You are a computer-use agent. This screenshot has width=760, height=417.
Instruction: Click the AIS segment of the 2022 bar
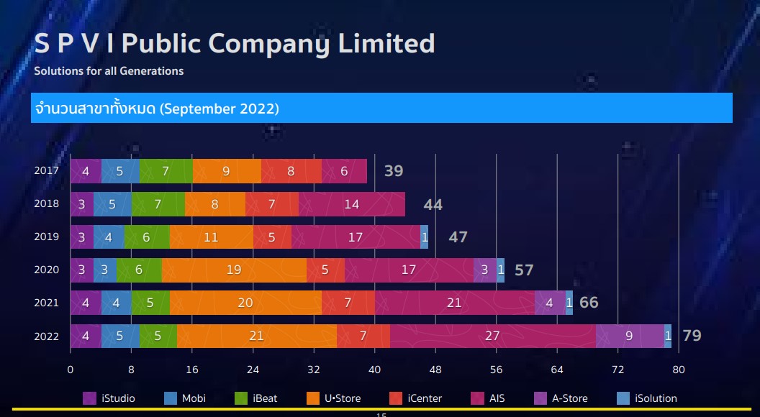click(x=493, y=336)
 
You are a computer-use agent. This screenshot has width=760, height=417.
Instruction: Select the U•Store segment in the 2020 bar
click(x=234, y=270)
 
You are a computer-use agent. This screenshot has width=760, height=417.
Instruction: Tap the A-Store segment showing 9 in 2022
click(x=629, y=336)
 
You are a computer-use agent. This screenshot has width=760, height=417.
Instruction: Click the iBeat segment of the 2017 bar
click(x=166, y=171)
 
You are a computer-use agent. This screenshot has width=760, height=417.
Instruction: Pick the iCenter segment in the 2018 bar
click(x=271, y=204)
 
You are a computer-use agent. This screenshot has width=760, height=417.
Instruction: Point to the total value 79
click(x=692, y=336)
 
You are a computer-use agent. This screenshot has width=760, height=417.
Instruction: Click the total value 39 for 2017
click(x=394, y=171)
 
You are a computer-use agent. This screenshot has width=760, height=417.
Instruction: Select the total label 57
click(x=524, y=270)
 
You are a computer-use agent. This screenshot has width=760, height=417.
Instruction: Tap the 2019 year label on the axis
click(x=47, y=237)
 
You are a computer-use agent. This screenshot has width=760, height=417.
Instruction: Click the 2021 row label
click(x=47, y=303)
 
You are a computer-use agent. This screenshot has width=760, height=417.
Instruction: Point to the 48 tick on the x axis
click(x=435, y=370)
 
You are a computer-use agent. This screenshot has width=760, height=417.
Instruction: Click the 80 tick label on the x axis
click(x=678, y=370)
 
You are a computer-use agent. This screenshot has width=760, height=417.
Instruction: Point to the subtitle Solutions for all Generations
click(x=109, y=71)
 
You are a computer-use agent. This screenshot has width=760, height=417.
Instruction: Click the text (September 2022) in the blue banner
click(x=220, y=109)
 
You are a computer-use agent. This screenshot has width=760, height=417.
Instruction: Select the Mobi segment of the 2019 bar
click(x=109, y=237)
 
